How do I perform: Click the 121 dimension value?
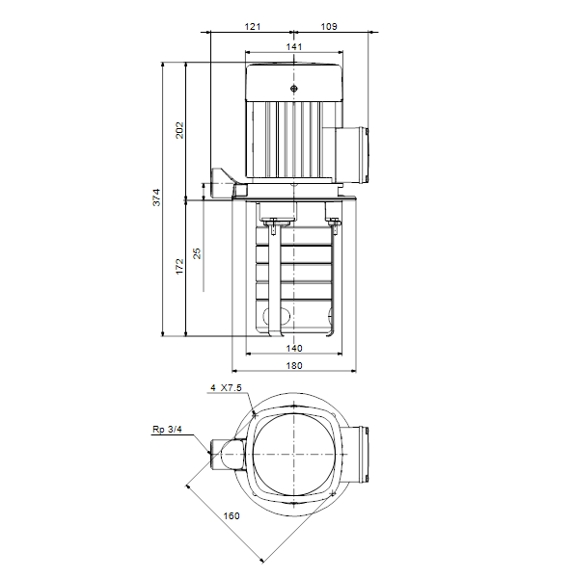pos(253,27)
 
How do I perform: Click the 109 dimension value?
pos(329,27)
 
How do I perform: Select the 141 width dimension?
pos(294,47)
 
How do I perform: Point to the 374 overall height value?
pos(157,197)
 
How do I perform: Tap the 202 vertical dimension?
pos(179,130)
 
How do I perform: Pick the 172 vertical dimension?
pos(179,267)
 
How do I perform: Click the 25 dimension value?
pos(197,253)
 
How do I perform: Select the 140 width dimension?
pos(294,349)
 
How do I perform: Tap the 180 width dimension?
pos(294,366)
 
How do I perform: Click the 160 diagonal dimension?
pos(232,515)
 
